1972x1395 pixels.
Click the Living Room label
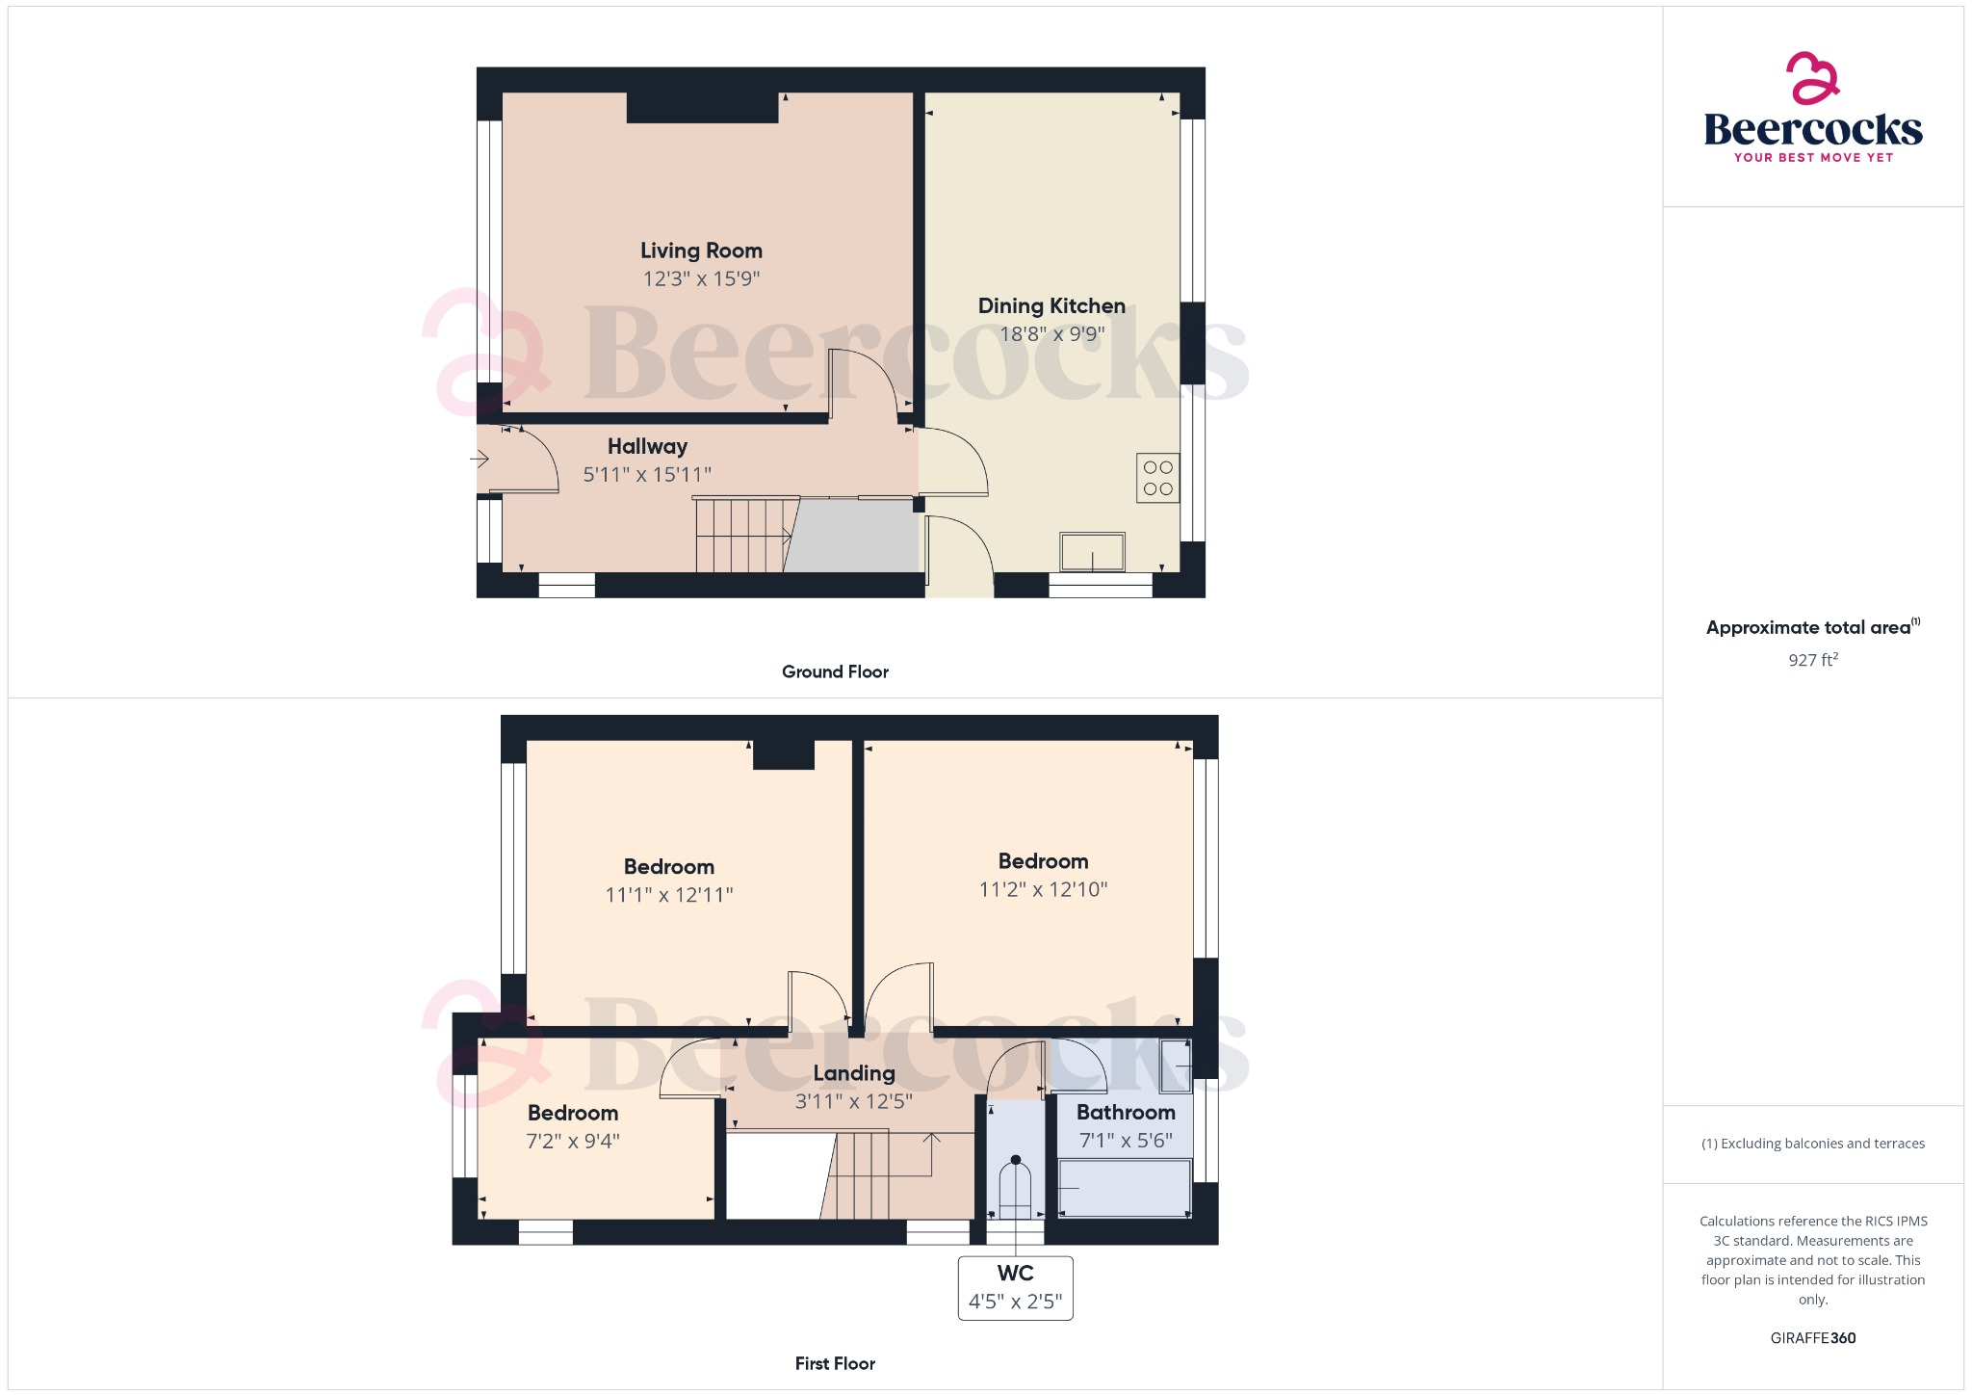tap(701, 250)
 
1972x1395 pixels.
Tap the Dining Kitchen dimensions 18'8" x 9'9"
tap(1051, 334)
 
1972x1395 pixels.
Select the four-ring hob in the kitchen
tap(1157, 478)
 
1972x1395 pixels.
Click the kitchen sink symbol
tap(1092, 553)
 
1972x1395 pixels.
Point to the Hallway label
tap(647, 446)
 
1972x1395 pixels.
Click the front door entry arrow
tap(480, 460)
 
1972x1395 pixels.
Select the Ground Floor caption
tap(835, 671)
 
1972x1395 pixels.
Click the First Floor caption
tap(835, 1363)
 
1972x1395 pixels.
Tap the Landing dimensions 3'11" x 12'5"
tap(853, 1101)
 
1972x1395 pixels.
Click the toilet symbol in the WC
tap(1015, 1189)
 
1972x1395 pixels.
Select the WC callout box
tap(1015, 1288)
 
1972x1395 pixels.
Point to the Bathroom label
tap(1126, 1113)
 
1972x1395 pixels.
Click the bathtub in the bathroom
tap(1125, 1189)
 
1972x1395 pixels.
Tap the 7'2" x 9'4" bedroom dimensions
tap(573, 1142)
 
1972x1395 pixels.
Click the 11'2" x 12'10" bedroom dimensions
tap(1043, 889)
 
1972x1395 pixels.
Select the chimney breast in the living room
tap(702, 108)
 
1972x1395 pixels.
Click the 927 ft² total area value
tap(1812, 660)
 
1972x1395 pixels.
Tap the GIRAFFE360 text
tap(1812, 1338)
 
